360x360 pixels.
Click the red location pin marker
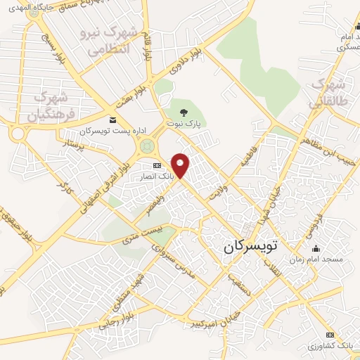[181, 165]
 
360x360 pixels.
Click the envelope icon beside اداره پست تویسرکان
[115, 121]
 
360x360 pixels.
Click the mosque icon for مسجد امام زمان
[314, 248]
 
